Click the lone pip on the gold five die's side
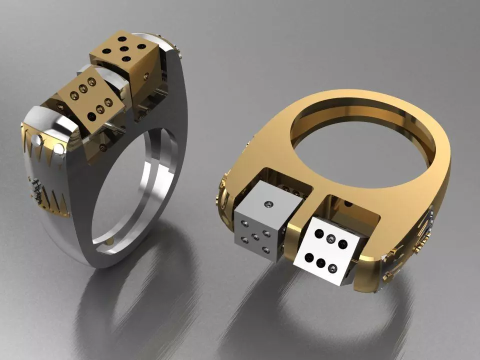click(x=145, y=76)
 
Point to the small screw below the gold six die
click(x=103, y=147)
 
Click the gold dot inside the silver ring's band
click(x=109, y=240)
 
